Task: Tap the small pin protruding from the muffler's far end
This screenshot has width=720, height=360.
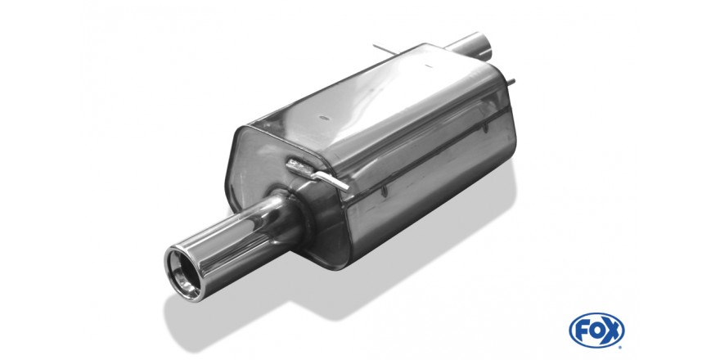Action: (x=511, y=83)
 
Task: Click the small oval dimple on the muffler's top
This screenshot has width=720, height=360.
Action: (x=325, y=118)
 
